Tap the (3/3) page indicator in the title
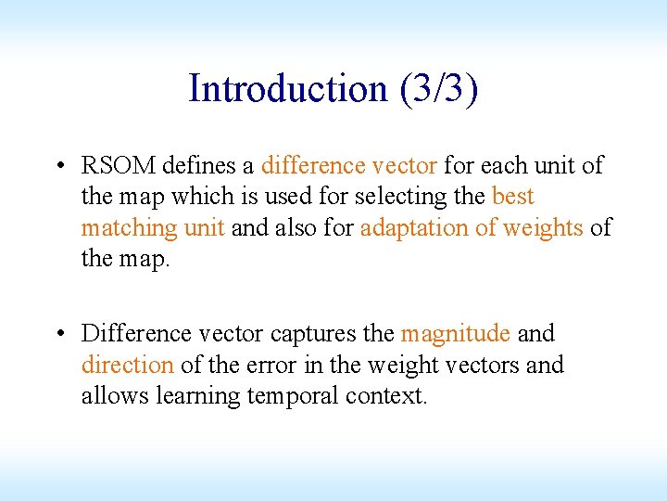click(x=439, y=89)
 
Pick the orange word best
click(x=513, y=197)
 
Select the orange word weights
click(x=543, y=228)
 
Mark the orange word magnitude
click(x=455, y=333)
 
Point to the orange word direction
click(x=127, y=365)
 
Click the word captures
click(x=308, y=333)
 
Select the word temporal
click(x=293, y=396)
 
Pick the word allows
click(x=115, y=396)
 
